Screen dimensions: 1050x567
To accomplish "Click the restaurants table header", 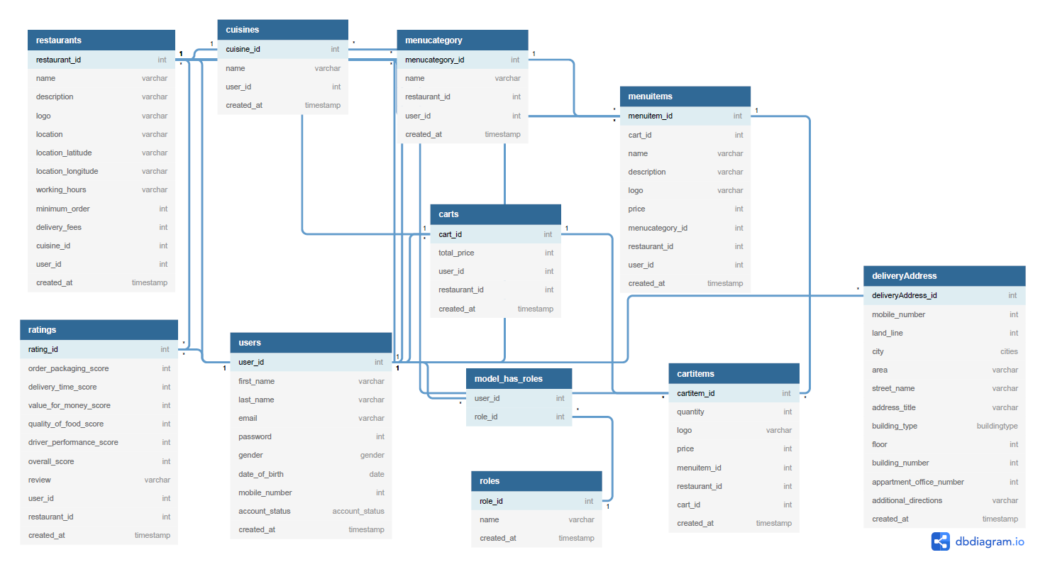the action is tap(101, 40).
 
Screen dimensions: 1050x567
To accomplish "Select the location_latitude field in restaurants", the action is tap(64, 153).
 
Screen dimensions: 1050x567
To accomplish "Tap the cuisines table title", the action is tap(282, 30).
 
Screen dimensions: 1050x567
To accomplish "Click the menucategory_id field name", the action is tap(434, 60).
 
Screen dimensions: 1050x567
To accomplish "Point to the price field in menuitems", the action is tap(636, 209).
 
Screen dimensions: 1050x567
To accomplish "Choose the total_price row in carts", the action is tap(456, 253).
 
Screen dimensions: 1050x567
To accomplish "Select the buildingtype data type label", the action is tap(997, 426).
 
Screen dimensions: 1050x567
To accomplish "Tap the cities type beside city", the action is tap(1009, 351).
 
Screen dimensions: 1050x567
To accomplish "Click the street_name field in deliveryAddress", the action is tap(893, 388).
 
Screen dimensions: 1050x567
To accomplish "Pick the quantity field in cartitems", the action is tap(690, 412).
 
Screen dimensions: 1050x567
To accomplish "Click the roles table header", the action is tap(536, 481).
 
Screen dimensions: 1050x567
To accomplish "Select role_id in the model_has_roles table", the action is tap(486, 417).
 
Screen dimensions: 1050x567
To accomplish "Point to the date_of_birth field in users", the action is tap(261, 474).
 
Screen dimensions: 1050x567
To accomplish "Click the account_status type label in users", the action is tap(358, 511).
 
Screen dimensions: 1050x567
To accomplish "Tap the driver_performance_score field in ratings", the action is tap(73, 442).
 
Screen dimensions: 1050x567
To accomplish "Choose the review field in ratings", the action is tap(40, 480).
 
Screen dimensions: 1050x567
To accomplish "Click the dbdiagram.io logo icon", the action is tap(941, 541).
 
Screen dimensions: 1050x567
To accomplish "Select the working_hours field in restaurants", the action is tap(61, 189).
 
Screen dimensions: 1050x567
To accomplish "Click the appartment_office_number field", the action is tap(918, 482).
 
